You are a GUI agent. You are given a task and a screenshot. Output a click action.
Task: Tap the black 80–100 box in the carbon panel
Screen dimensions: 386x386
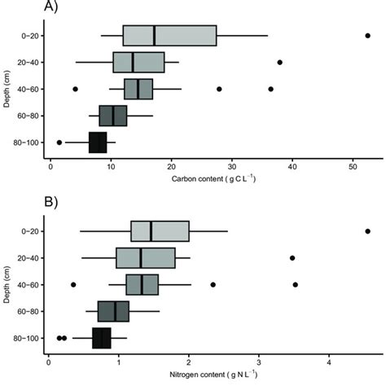pos(98,142)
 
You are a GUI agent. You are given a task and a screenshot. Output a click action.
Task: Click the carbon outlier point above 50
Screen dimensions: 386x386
pos(367,36)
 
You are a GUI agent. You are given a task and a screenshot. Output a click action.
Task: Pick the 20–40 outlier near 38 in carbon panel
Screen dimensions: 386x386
pos(279,62)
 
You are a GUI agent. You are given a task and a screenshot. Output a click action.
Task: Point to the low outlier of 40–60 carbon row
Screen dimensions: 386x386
pos(75,89)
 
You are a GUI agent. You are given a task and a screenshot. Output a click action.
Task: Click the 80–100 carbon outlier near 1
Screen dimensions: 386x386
pos(59,142)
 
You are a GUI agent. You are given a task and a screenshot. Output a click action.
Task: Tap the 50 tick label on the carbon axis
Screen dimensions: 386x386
pos(353,165)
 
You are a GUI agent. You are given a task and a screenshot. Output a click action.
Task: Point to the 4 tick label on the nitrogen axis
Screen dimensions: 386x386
pos(328,360)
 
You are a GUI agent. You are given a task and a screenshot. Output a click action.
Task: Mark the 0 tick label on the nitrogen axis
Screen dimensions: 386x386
pos(50,360)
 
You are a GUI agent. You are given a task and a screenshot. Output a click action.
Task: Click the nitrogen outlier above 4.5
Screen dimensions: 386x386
pos(367,231)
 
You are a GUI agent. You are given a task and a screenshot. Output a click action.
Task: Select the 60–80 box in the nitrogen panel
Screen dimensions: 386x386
pos(113,311)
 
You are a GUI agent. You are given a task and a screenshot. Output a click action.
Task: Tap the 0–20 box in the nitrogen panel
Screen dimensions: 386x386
pos(160,231)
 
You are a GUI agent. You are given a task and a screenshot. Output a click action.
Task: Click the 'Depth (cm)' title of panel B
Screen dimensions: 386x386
pos(7,284)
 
